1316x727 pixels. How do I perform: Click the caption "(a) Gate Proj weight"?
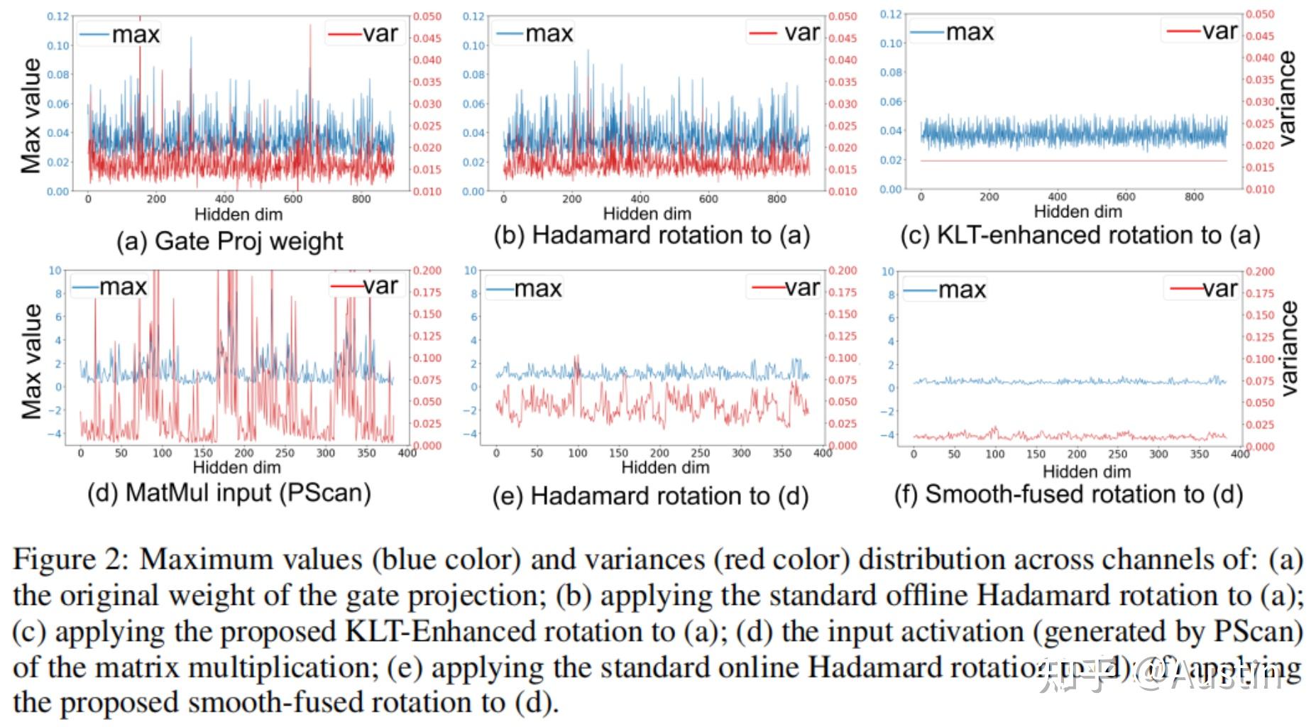click(x=229, y=241)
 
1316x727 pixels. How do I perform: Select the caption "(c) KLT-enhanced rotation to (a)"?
click(x=1080, y=236)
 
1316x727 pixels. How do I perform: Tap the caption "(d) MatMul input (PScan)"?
click(x=229, y=493)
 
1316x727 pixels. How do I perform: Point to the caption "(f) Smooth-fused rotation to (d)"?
click(x=1068, y=494)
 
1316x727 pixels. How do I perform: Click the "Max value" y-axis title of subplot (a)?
click(x=31, y=116)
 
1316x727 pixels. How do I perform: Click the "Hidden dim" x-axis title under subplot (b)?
click(x=647, y=214)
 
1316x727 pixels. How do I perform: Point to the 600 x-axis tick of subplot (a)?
click(x=293, y=199)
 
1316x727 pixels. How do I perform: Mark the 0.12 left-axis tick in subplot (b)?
click(x=473, y=16)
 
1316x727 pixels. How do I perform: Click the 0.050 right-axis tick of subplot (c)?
click(x=1260, y=14)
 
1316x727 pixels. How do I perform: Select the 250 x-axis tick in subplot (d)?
click(x=285, y=453)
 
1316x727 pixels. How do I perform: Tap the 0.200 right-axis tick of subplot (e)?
click(x=843, y=270)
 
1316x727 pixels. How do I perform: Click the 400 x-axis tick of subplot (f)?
click(x=1240, y=454)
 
